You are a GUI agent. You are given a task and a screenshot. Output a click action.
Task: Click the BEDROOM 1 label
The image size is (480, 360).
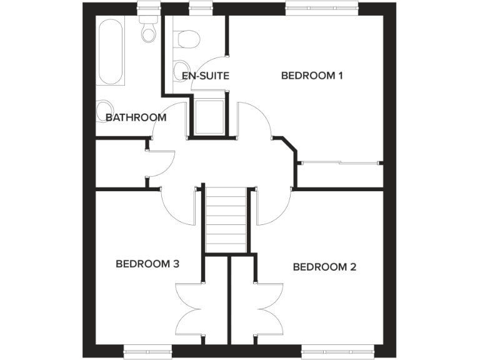click(312, 76)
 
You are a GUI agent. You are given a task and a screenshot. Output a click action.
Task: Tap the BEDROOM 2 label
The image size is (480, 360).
click(324, 267)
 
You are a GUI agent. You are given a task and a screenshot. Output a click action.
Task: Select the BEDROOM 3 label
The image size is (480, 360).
click(147, 264)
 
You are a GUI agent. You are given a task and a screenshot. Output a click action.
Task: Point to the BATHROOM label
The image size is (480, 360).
click(136, 117)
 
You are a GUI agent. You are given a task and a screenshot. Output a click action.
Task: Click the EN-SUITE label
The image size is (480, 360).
click(205, 76)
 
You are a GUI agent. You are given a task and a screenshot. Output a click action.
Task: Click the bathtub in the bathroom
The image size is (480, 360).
click(111, 51)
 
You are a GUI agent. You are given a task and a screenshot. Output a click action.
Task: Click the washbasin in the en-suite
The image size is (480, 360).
click(179, 69)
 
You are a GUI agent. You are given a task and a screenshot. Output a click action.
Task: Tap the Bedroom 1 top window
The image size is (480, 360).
click(322, 7)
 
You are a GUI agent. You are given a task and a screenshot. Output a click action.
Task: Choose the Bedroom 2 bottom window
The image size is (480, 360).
click(332, 352)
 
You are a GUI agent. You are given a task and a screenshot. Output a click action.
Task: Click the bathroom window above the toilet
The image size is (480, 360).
click(149, 7)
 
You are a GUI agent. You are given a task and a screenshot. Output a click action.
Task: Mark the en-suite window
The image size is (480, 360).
click(198, 7)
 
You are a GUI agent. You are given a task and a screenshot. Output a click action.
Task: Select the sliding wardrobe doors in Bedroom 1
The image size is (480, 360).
click(340, 162)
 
